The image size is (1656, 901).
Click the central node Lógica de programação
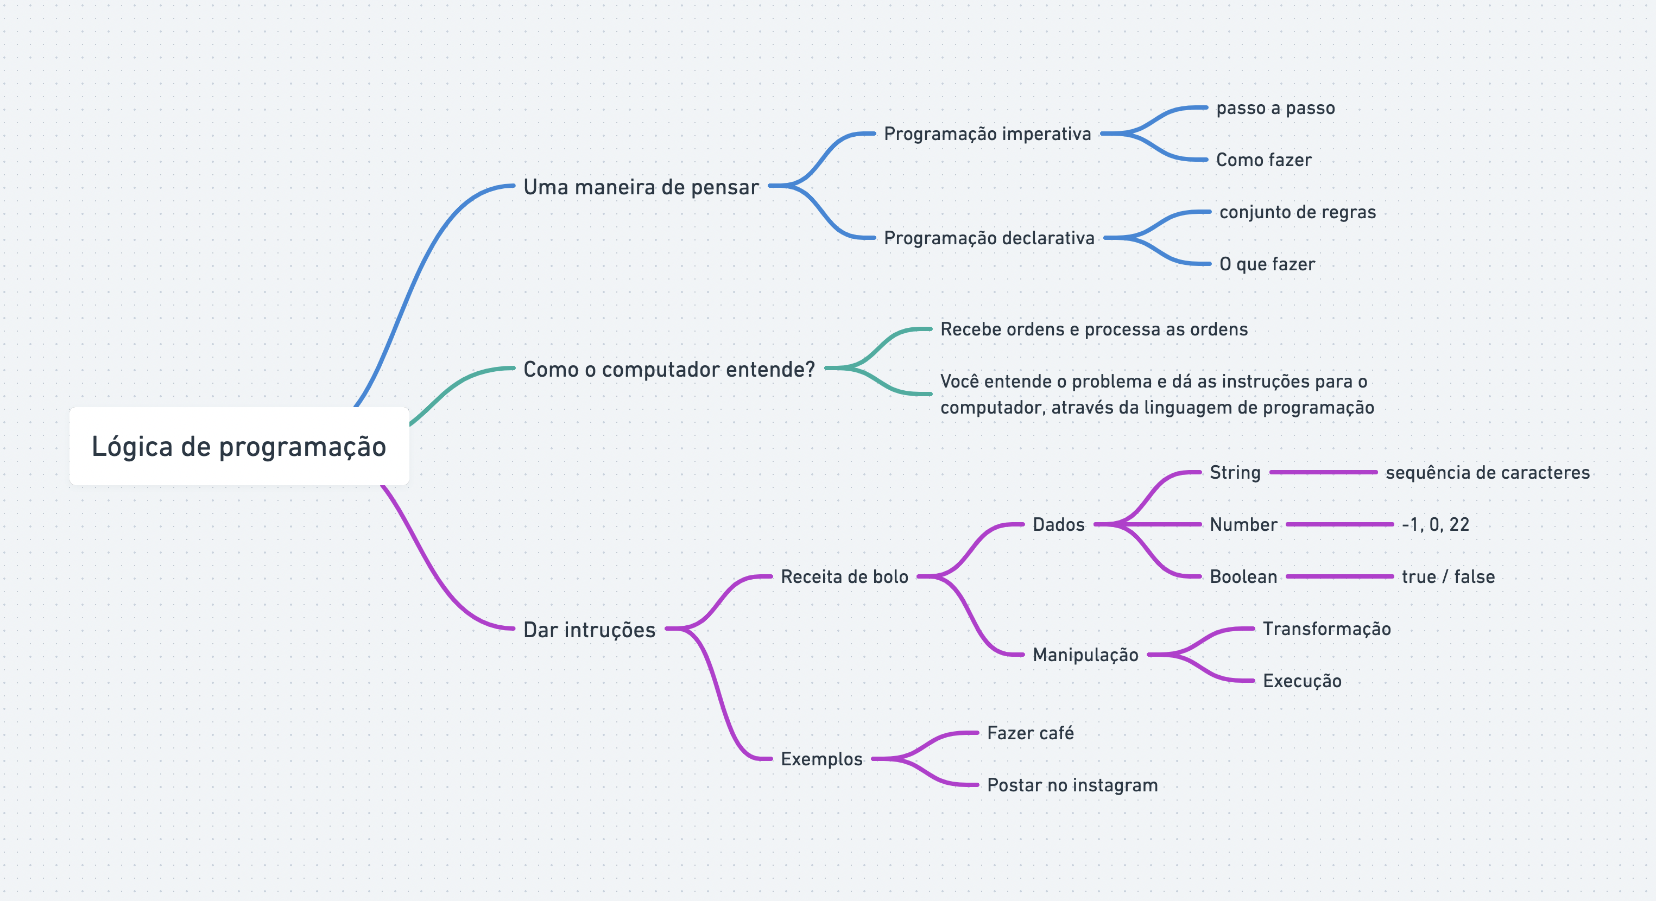pos(238,446)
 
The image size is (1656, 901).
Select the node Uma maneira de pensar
pos(641,187)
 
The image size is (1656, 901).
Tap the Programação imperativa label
pos(988,134)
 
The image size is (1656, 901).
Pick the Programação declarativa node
pos(989,238)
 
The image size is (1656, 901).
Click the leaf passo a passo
pos(1275,108)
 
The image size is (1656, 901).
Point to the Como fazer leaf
pos(1263,160)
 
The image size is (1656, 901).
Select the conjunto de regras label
pos(1297,212)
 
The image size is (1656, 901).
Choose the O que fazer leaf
pos(1267,264)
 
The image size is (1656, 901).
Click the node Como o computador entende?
pos(668,369)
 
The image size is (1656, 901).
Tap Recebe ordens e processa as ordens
pos(1094,329)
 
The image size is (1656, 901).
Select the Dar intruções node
pos(589,629)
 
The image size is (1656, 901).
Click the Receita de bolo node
pos(844,576)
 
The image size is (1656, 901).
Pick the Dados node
pos(1058,524)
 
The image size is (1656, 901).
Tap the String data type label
pos(1235,472)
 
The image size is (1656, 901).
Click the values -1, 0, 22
pos(1435,524)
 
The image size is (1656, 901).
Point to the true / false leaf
pos(1448,576)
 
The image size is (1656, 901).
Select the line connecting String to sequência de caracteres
pos(1323,472)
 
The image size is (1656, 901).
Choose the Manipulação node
pos(1085,655)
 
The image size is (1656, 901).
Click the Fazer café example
pos(1030,733)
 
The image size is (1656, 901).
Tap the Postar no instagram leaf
pos(1072,785)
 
